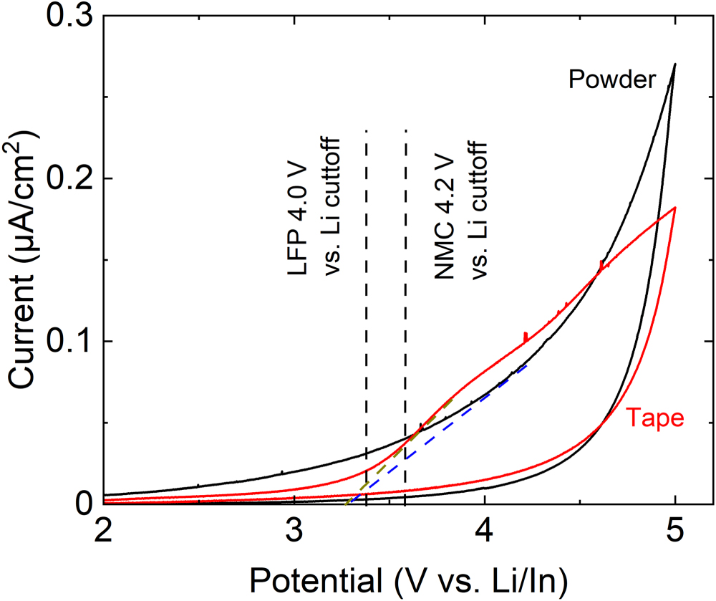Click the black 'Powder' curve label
[x=611, y=80]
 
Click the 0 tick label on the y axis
[x=85, y=504]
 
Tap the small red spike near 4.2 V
[x=526, y=335]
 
